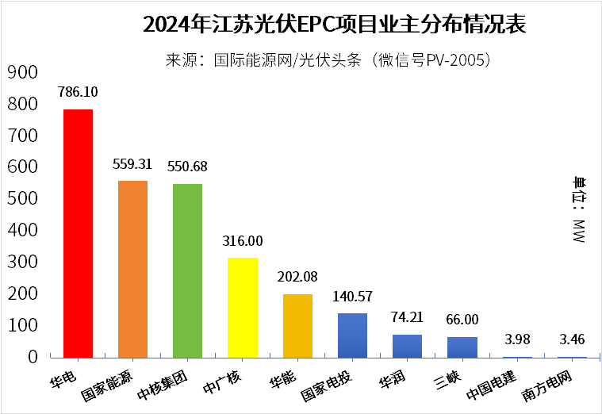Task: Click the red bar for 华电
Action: point(78,233)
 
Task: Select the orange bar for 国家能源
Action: point(132,269)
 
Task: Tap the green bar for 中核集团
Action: point(187,270)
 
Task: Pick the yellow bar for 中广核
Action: point(242,308)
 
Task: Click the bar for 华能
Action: point(297,326)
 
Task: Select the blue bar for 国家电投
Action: point(352,335)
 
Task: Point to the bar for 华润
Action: point(407,346)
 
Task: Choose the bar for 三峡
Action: point(462,347)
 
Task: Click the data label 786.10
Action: point(78,92)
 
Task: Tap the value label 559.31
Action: point(132,166)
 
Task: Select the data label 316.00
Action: point(242,241)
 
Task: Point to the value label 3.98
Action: point(517,340)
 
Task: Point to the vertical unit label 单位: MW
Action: point(577,210)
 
